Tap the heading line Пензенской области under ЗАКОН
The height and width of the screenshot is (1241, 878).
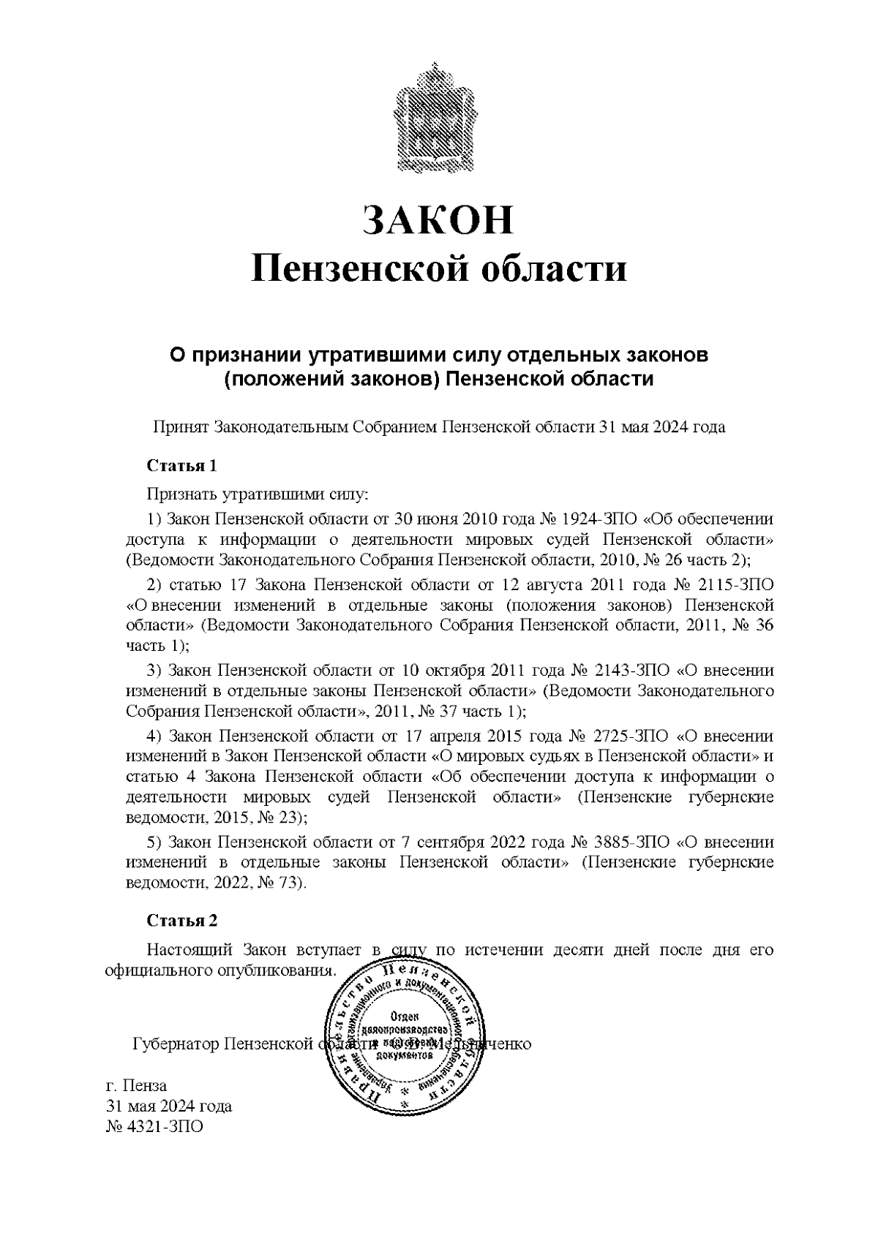click(x=438, y=269)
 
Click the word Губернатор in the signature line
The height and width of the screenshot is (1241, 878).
click(x=176, y=1043)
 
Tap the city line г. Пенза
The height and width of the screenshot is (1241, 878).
click(x=137, y=1085)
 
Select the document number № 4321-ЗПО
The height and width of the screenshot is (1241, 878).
click(x=154, y=1127)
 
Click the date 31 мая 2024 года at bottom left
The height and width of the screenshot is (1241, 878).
click(x=169, y=1106)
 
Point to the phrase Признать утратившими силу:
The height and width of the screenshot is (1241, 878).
click(x=257, y=495)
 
